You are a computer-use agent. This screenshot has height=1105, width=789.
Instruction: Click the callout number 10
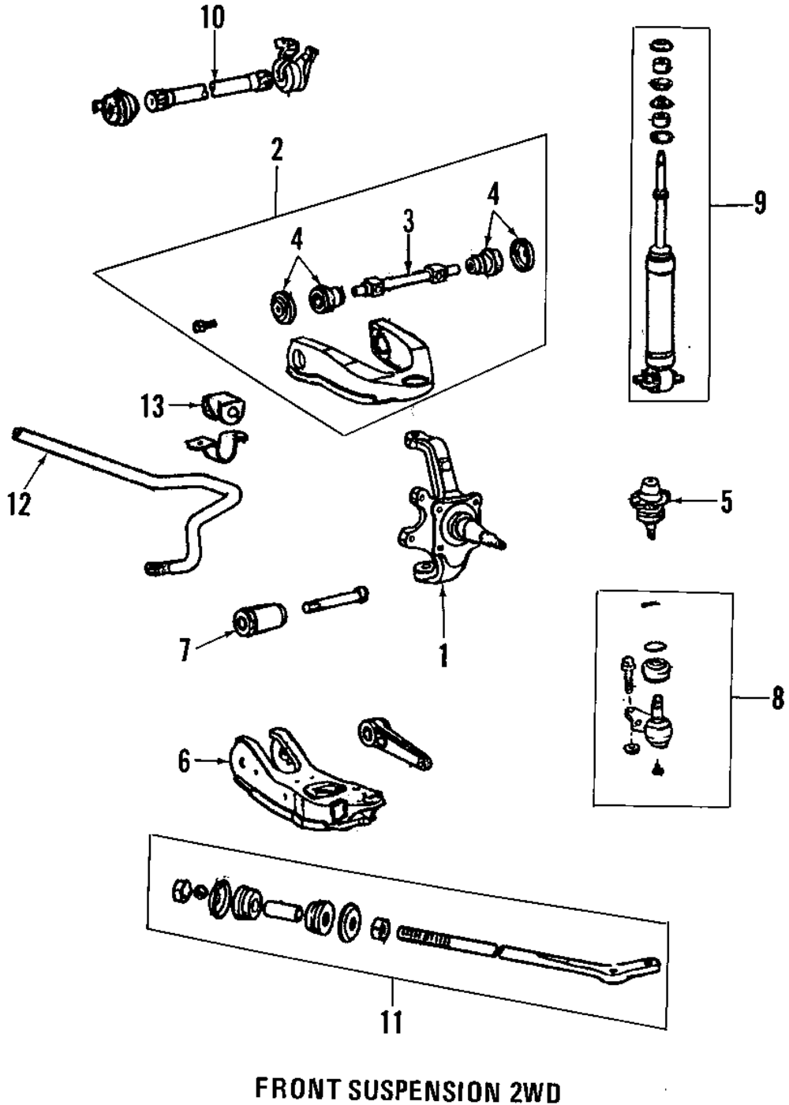point(212,17)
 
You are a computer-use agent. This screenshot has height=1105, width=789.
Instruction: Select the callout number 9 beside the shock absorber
point(759,203)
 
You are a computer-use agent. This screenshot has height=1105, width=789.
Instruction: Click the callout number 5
point(725,501)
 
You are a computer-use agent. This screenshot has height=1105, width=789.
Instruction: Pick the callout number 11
point(391,1021)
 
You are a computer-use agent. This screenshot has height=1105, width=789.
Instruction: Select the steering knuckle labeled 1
point(438,521)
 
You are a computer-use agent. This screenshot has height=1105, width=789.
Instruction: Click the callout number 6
point(184,761)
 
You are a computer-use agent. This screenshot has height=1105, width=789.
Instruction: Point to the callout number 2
point(276,150)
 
